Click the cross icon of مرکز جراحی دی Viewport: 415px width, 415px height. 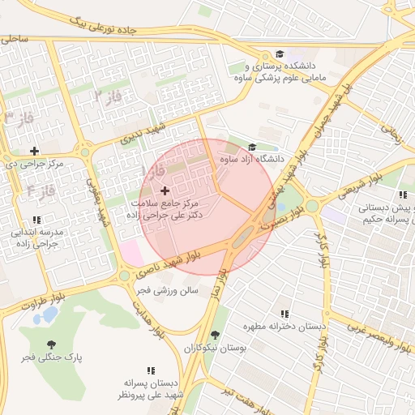pyautogui.click(x=34, y=151)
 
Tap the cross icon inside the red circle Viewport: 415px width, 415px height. pyautogui.click(x=165, y=190)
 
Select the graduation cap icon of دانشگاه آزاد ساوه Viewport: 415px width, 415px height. pyautogui.click(x=252, y=148)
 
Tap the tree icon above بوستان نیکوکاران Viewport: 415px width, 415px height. pyautogui.click(x=214, y=334)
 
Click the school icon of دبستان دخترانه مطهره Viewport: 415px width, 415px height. pyautogui.click(x=284, y=314)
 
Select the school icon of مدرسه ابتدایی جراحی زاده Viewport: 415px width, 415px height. pyautogui.click(x=36, y=220)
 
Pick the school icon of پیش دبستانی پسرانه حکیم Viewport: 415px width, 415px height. pyautogui.click(x=403, y=195)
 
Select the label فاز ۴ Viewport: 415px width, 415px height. pyautogui.click(x=40, y=191)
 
